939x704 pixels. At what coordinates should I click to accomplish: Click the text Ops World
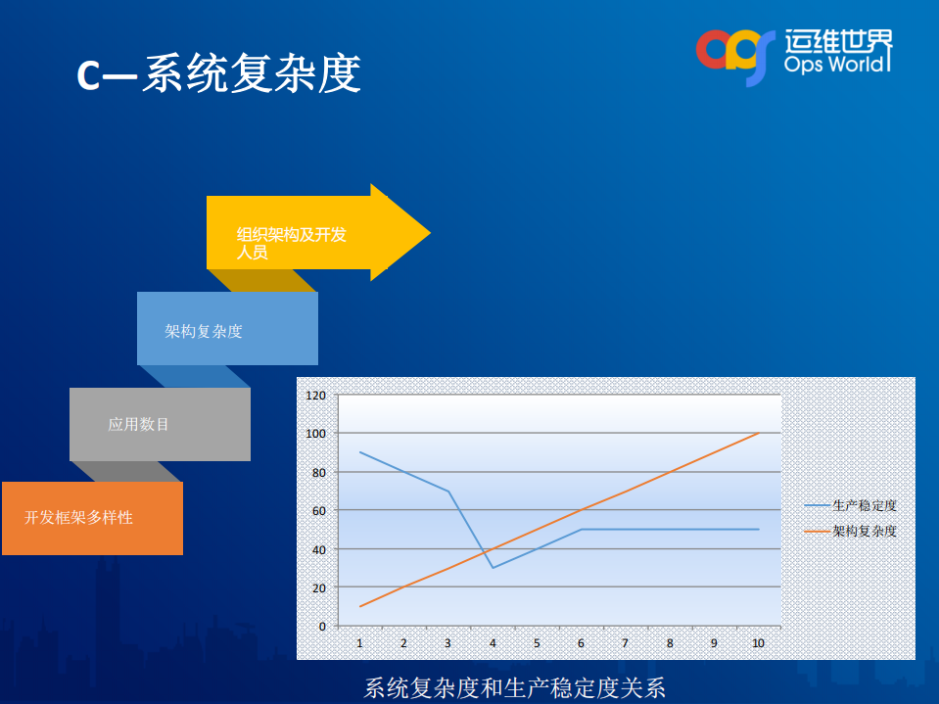pyautogui.click(x=838, y=65)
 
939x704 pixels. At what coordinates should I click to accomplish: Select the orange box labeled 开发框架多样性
pyautogui.click(x=92, y=518)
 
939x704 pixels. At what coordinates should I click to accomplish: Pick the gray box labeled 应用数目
pyautogui.click(x=160, y=424)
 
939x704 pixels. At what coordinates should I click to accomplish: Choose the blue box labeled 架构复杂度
pyautogui.click(x=227, y=330)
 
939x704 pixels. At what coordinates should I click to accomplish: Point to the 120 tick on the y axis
pyautogui.click(x=315, y=396)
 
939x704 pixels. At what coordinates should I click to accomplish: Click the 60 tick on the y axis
pyautogui.click(x=317, y=510)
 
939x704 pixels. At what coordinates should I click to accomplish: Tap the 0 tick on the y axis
pyautogui.click(x=321, y=626)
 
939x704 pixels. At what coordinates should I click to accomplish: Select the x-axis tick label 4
pyautogui.click(x=493, y=643)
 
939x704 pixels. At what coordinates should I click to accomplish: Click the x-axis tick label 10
pyautogui.click(x=758, y=643)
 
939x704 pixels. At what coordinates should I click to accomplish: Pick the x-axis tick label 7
pyautogui.click(x=625, y=643)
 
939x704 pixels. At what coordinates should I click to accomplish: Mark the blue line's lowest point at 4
pyautogui.click(x=493, y=567)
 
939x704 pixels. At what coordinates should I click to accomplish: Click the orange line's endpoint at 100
pyautogui.click(x=758, y=433)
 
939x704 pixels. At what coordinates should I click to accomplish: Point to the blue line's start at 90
pyautogui.click(x=360, y=452)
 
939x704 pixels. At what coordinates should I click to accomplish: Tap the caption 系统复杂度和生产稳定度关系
pyautogui.click(x=515, y=688)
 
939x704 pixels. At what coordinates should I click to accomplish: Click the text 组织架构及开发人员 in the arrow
pyautogui.click(x=291, y=243)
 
